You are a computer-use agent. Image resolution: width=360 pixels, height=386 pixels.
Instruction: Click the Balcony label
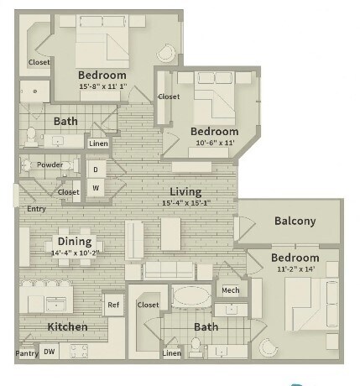(295, 222)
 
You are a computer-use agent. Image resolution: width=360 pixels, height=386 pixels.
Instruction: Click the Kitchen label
(67, 326)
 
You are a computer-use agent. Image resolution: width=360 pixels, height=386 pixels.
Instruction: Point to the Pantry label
(26, 353)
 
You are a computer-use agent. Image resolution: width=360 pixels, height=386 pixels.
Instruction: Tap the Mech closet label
(230, 290)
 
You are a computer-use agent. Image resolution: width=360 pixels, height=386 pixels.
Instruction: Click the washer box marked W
(96, 187)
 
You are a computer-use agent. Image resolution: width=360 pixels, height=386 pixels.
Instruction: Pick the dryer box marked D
(96, 170)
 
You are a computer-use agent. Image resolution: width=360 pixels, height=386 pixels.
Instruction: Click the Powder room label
(50, 164)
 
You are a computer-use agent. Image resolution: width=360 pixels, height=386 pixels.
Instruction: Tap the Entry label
(36, 208)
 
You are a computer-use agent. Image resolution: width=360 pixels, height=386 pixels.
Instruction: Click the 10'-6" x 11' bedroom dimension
(214, 144)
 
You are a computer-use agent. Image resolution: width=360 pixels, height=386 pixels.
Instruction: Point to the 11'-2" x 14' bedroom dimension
(295, 270)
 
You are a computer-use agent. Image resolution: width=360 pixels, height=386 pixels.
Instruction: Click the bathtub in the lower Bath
(191, 298)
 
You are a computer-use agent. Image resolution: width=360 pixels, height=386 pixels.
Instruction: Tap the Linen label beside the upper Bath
(98, 143)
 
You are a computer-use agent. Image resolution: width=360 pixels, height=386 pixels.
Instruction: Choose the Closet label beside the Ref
(149, 305)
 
